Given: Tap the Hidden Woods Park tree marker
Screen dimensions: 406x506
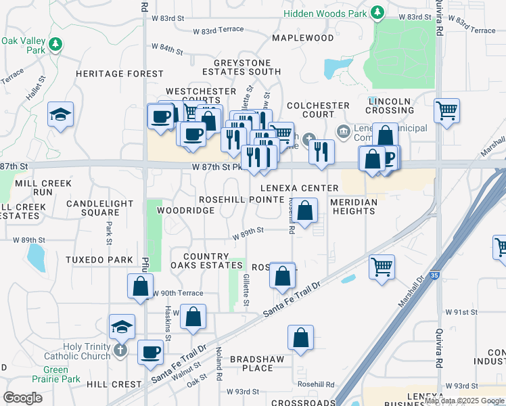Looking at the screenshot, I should (x=377, y=13).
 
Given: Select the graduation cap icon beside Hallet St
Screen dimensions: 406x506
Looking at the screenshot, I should (x=61, y=114).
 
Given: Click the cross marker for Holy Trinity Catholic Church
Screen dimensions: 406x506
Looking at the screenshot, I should (x=120, y=350).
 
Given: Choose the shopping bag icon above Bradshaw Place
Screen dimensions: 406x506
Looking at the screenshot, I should (x=300, y=338).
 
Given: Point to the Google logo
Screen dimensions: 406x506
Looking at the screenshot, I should (x=22, y=397).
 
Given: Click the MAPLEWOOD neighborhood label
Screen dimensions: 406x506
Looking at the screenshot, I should (x=303, y=38).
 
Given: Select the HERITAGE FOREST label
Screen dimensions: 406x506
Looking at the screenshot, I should (x=120, y=74).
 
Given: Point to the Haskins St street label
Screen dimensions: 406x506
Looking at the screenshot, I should (x=168, y=323).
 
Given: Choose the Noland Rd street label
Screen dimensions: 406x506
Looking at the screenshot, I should (x=219, y=363).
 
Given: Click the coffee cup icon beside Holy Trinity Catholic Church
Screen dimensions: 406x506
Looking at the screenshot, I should (x=150, y=352).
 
